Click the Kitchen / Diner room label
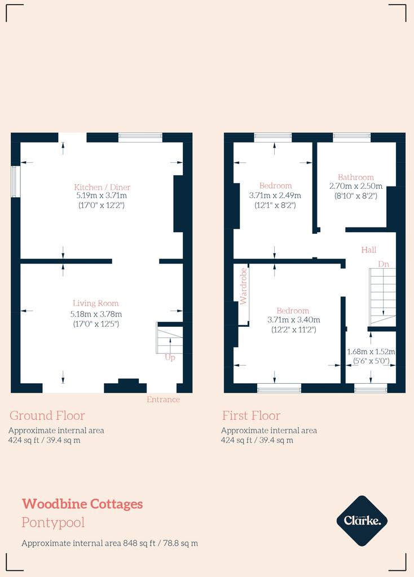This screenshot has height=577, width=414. [102, 187]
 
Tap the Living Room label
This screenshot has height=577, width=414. [96, 303]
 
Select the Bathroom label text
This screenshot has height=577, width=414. [356, 177]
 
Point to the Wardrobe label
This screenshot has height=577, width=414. [243, 286]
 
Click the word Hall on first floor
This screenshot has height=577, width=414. [369, 250]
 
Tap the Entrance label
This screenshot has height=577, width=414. [163, 400]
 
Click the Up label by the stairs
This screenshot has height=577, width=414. [170, 357]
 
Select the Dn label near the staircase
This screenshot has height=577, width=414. [384, 264]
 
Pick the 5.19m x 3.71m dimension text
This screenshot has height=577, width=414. [102, 196]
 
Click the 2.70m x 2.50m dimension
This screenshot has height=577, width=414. [356, 186]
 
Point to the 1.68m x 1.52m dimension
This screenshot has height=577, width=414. [371, 352]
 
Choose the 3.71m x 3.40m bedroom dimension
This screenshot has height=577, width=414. [293, 320]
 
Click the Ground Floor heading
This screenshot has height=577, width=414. [47, 415]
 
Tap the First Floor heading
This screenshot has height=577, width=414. [251, 415]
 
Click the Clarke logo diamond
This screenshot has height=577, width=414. [362, 521]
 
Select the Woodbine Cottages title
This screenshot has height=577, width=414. [82, 504]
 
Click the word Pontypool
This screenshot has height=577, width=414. [53, 522]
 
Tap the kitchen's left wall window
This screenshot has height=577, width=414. [15, 182]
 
